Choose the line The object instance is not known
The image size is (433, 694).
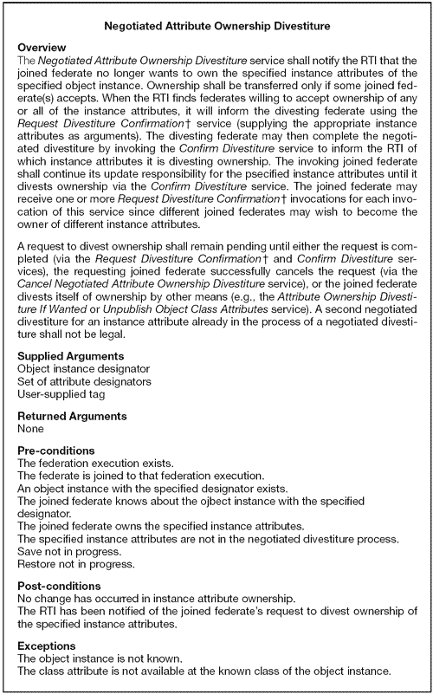click(x=97, y=658)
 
